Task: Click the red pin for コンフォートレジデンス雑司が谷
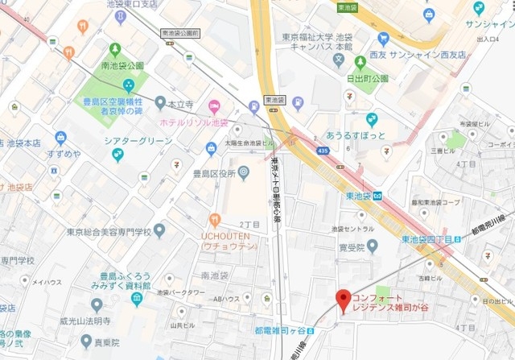tap(344, 300)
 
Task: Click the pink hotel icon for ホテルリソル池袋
tap(214, 106)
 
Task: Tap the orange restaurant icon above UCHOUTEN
tap(214, 219)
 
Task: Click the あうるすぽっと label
tap(356, 134)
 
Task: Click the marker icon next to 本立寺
tap(159, 103)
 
